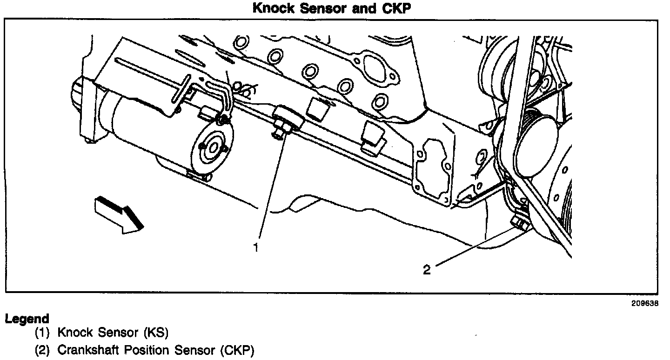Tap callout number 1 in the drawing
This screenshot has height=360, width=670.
coord(255,247)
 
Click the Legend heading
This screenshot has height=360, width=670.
coord(27,319)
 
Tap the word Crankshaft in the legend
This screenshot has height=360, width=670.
coord(85,350)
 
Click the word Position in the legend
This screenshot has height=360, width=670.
coord(139,350)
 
